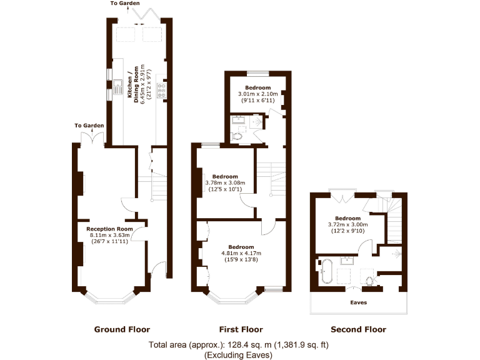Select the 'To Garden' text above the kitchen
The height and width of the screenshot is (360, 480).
125,4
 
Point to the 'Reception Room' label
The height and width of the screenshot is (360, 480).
109,229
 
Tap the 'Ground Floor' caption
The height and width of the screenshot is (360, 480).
122,329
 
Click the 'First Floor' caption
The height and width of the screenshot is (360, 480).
241,329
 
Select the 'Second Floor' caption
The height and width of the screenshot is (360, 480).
358,329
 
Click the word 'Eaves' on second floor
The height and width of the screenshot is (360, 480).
358,302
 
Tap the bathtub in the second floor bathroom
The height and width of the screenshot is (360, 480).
326,272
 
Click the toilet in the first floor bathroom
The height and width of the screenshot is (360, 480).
236,135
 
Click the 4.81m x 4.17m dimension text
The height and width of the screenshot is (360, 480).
241,253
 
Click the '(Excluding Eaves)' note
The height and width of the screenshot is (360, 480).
239,354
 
